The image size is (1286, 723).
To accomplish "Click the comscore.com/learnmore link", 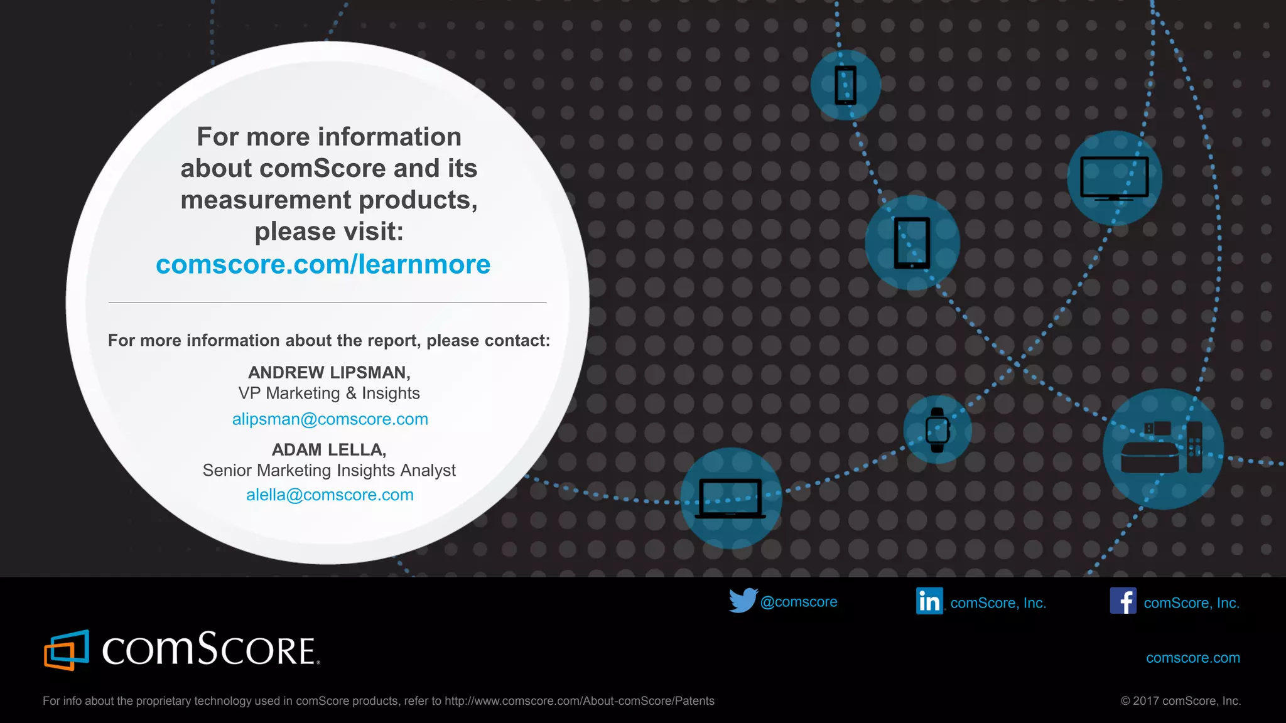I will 323,264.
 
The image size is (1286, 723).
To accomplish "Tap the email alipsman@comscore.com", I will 330,419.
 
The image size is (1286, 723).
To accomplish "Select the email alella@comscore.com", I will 330,495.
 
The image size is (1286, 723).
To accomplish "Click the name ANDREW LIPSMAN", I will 328,373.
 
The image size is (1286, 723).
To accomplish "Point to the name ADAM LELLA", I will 328,450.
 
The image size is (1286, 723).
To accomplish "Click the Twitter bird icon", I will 743,601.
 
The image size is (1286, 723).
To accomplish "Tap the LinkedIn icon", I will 929,601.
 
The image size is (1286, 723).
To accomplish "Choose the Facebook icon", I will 1123,601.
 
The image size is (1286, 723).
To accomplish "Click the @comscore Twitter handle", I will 798,602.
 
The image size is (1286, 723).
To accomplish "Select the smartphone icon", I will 845,85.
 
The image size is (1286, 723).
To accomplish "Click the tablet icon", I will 912,243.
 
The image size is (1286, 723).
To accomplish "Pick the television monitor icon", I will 1114,178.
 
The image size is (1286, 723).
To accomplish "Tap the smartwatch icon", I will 937,430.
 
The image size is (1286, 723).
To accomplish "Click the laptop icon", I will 730,499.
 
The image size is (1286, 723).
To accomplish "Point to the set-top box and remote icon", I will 1162,449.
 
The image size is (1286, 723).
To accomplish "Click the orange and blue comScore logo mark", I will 66,650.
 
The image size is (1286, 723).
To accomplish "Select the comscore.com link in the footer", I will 1192,658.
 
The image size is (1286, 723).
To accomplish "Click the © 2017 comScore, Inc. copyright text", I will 1181,701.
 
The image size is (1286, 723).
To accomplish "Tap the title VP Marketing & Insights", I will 329,394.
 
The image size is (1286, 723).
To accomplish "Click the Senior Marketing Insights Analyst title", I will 329,471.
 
